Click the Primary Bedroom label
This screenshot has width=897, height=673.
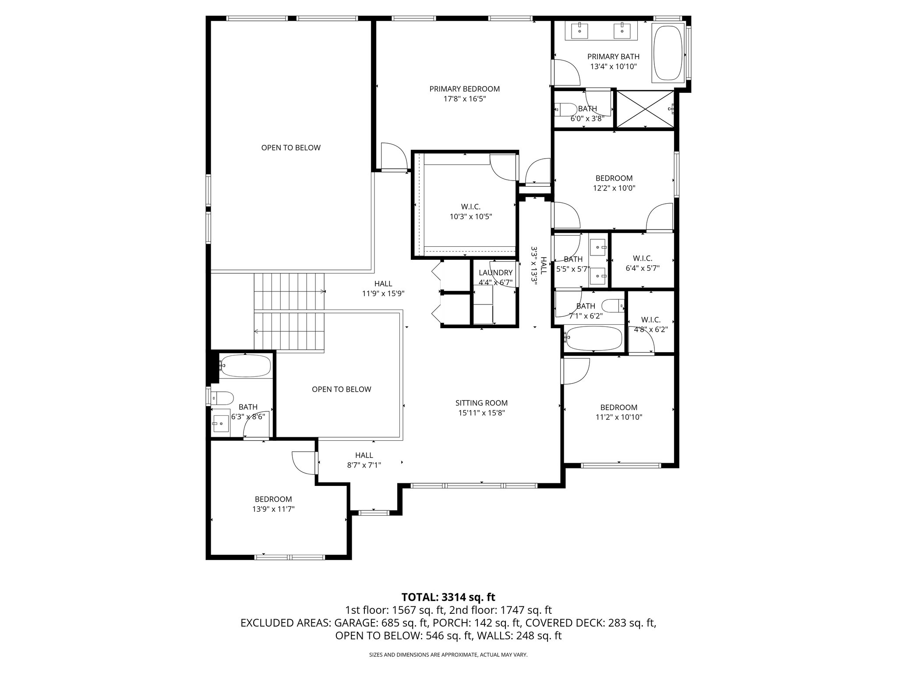click(x=464, y=89)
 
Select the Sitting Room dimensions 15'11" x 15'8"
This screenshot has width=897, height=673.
click(x=481, y=413)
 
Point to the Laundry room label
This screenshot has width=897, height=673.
click(x=495, y=273)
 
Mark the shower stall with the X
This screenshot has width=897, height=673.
click(x=646, y=109)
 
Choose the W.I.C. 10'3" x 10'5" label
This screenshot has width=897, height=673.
click(x=471, y=207)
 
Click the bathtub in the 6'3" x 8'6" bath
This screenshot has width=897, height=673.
click(x=245, y=366)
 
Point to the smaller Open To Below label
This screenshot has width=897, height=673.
click(x=341, y=389)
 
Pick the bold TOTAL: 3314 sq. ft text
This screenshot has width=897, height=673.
click(x=448, y=597)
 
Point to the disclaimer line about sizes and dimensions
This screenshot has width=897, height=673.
click(x=448, y=655)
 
